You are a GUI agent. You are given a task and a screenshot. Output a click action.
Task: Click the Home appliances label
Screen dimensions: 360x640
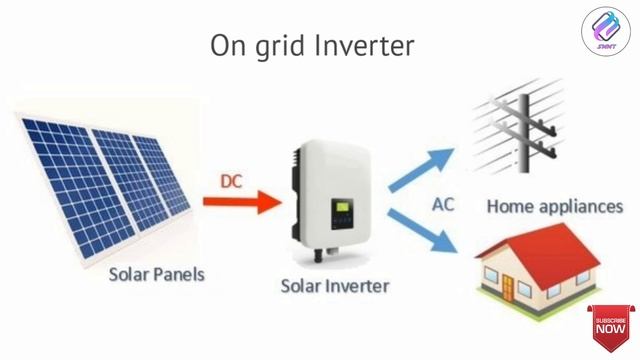click(x=555, y=207)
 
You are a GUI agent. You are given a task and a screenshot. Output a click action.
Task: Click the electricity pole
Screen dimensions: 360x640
click(x=521, y=131)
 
